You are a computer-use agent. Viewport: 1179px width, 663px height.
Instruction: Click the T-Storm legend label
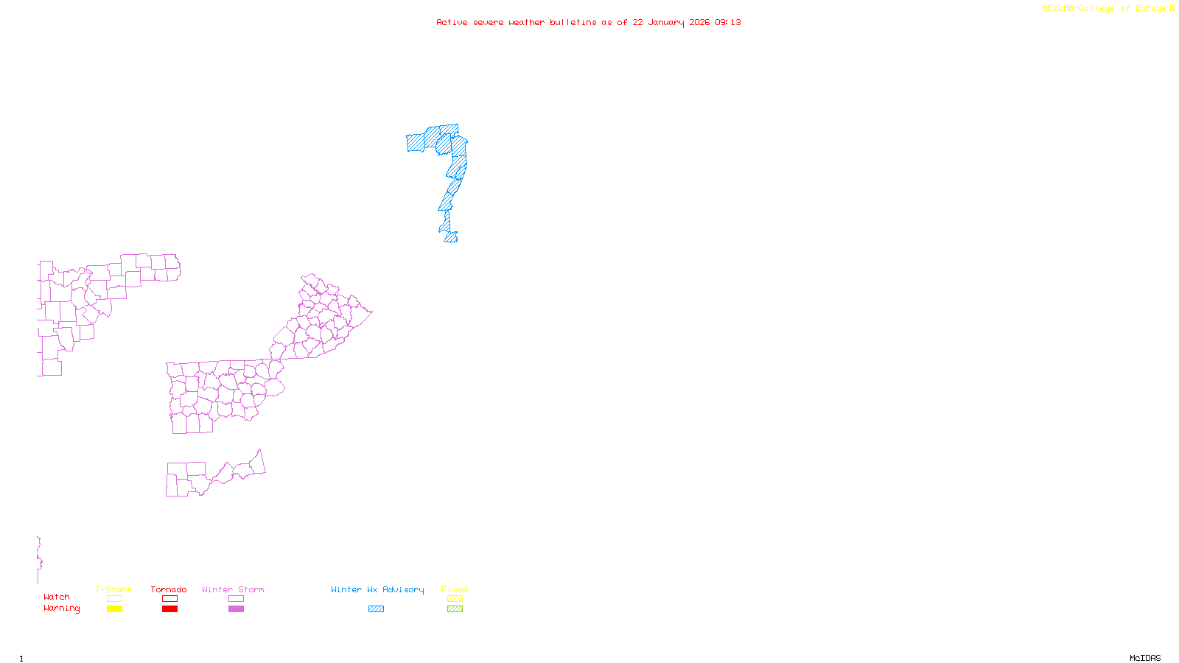113,589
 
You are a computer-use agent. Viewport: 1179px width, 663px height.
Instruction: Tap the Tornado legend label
169,589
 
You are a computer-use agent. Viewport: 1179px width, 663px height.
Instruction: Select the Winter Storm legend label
233,589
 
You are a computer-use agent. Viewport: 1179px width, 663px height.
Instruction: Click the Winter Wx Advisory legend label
377,589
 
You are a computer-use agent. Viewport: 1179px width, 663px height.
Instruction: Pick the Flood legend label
455,589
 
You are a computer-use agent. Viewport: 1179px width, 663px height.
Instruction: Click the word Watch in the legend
57,597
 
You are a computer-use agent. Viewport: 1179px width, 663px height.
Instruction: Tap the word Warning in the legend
61,608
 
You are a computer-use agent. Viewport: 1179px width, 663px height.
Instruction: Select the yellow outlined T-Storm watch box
114,599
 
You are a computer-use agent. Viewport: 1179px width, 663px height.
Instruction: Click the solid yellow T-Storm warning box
114,609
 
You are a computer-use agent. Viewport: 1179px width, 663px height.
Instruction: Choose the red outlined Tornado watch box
169,599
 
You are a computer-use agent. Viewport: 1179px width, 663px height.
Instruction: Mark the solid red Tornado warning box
169,609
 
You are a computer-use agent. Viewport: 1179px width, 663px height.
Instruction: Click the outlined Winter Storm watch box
236,599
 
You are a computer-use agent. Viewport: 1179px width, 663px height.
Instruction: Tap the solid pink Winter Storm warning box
236,609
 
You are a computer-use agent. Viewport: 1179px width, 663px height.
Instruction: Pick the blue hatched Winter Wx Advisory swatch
376,609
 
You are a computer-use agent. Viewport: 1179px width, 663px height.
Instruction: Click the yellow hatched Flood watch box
455,599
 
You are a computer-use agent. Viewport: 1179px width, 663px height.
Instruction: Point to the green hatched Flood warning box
455,609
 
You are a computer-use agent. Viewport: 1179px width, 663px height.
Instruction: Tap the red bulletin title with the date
588,23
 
